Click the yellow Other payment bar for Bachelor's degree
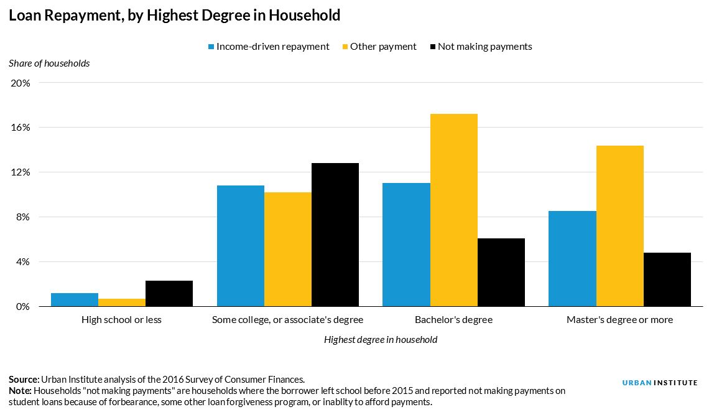[x=453, y=210]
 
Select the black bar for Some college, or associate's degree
[x=335, y=235]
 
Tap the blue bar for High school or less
[x=75, y=299]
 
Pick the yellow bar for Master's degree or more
[x=619, y=226]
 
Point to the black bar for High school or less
[x=169, y=293]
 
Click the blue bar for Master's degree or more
[x=572, y=258]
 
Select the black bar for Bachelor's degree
[x=501, y=272]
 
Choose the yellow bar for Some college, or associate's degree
[x=287, y=249]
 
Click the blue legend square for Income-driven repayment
[x=211, y=47]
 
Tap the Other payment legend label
[x=383, y=47]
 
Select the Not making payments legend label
[x=484, y=47]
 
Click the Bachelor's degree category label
[x=453, y=320]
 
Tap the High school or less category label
[x=121, y=320]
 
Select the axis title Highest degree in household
[x=380, y=340]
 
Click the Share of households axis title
[x=49, y=63]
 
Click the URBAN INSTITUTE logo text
[x=659, y=383]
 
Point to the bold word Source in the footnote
[x=24, y=380]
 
